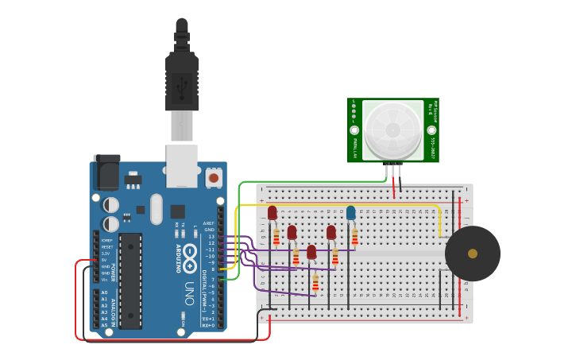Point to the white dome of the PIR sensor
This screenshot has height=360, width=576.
click(x=393, y=130)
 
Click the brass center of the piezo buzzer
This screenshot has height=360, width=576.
click(x=473, y=254)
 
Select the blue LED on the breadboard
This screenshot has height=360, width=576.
click(x=350, y=213)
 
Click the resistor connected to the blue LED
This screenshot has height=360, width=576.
click(x=354, y=237)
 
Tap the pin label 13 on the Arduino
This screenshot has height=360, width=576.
click(x=211, y=237)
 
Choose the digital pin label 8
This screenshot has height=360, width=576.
click(x=212, y=269)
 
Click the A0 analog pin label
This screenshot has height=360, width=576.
click(x=104, y=293)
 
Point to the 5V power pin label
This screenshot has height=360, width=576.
click(x=104, y=260)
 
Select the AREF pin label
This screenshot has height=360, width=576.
click(x=209, y=223)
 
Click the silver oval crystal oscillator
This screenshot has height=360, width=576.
click(x=157, y=208)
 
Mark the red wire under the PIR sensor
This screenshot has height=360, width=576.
click(x=392, y=188)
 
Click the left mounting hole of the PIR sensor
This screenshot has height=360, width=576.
click(x=354, y=130)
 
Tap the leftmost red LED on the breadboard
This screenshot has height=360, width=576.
click(x=273, y=213)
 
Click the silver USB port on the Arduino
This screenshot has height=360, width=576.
click(x=182, y=165)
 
